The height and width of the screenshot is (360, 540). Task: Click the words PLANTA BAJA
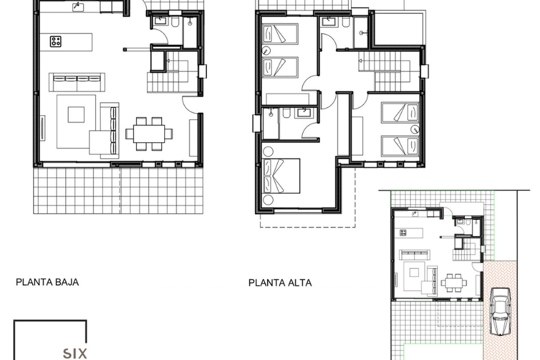pyautogui.click(x=47, y=282)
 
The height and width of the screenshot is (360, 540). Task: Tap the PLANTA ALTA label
pyautogui.click(x=280, y=283)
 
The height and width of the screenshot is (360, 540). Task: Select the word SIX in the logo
pyautogui.click(x=75, y=354)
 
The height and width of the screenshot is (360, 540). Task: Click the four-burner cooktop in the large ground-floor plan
pyautogui.click(x=56, y=41)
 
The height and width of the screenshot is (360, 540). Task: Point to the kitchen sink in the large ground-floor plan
pyautogui.click(x=78, y=7)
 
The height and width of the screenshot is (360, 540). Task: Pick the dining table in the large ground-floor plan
pyautogui.click(x=149, y=134)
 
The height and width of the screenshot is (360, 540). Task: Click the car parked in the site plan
pyautogui.click(x=501, y=311)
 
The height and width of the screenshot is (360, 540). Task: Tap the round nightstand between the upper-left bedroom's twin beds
pyautogui.click(x=266, y=51)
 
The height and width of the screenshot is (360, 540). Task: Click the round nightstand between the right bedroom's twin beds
pyautogui.click(x=415, y=130)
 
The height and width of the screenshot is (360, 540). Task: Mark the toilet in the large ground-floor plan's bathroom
pyautogui.click(x=175, y=22)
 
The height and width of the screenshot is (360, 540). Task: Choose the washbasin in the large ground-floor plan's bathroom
pyautogui.click(x=160, y=21)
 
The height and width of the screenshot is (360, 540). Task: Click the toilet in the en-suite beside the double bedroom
pyautogui.click(x=286, y=113)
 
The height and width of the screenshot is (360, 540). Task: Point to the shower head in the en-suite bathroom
pyautogui.click(x=271, y=114)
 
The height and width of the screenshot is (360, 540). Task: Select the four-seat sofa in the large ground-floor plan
pyautogui.click(x=77, y=82)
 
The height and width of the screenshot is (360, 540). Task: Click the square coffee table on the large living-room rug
pyautogui.click(x=76, y=115)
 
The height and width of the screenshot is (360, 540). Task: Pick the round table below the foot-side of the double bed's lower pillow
pyautogui.click(x=268, y=200)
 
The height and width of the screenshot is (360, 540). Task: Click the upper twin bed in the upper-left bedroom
pyautogui.click(x=280, y=34)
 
